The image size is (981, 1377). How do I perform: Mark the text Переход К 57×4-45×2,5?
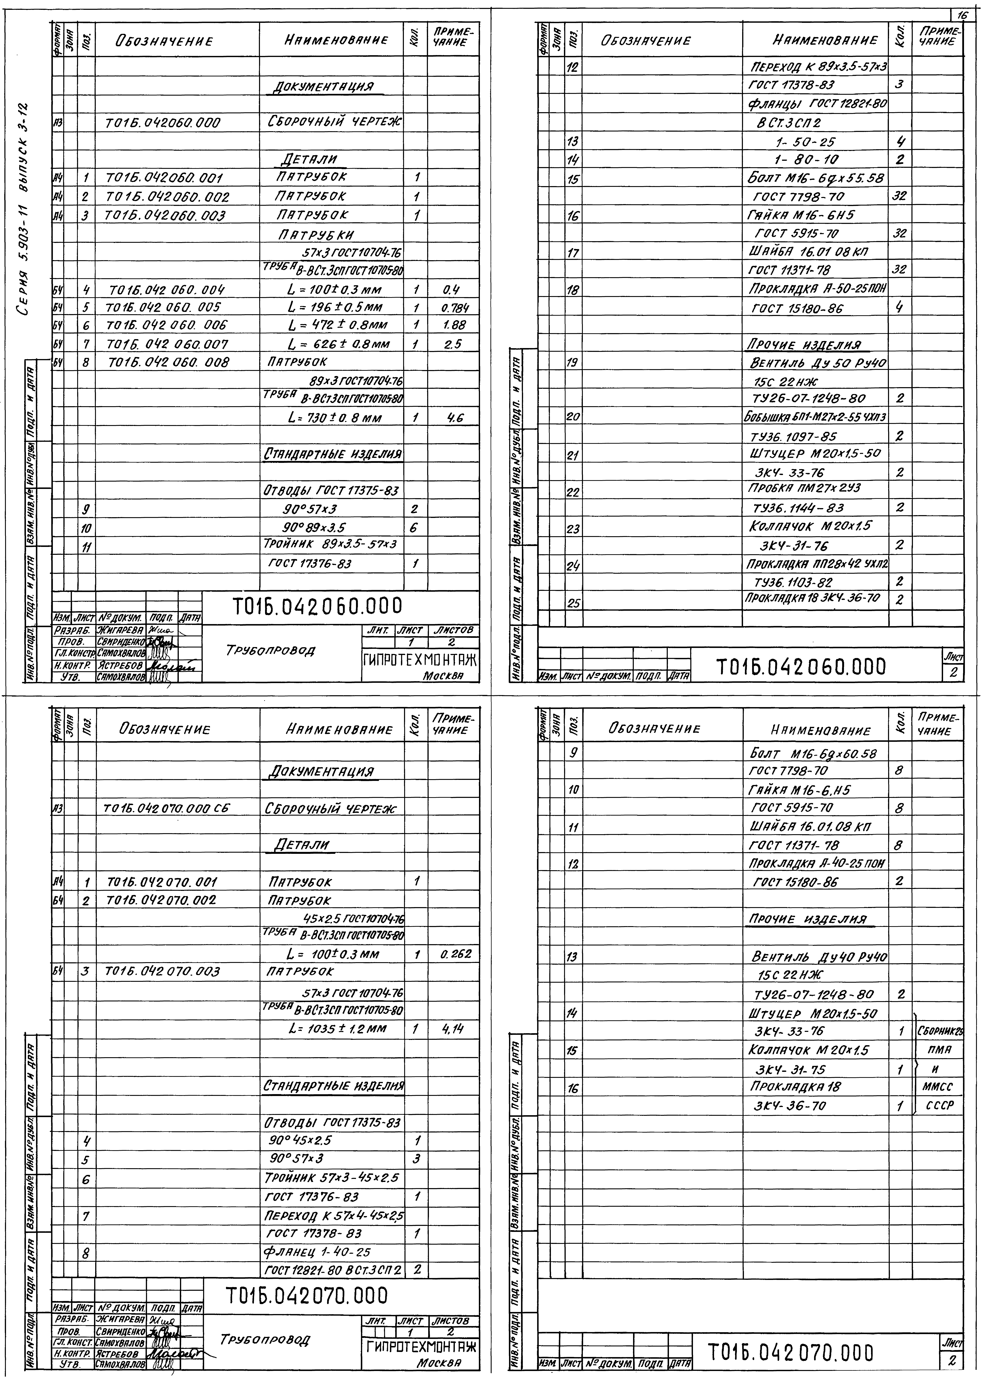tap(334, 1215)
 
